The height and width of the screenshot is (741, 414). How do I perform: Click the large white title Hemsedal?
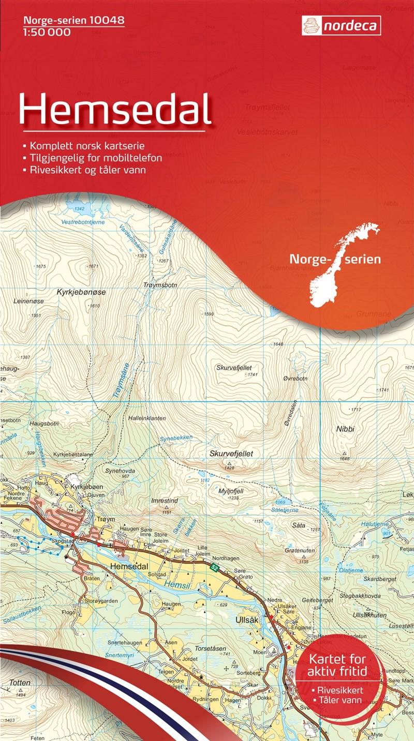[115, 110]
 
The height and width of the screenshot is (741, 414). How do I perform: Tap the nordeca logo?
[341, 25]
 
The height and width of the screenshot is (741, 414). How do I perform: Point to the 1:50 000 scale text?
[47, 32]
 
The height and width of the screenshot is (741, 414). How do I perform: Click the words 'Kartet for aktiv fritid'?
[337, 666]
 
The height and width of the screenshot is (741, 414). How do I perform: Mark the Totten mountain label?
[20, 683]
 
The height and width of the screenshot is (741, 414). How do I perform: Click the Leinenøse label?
[29, 300]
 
